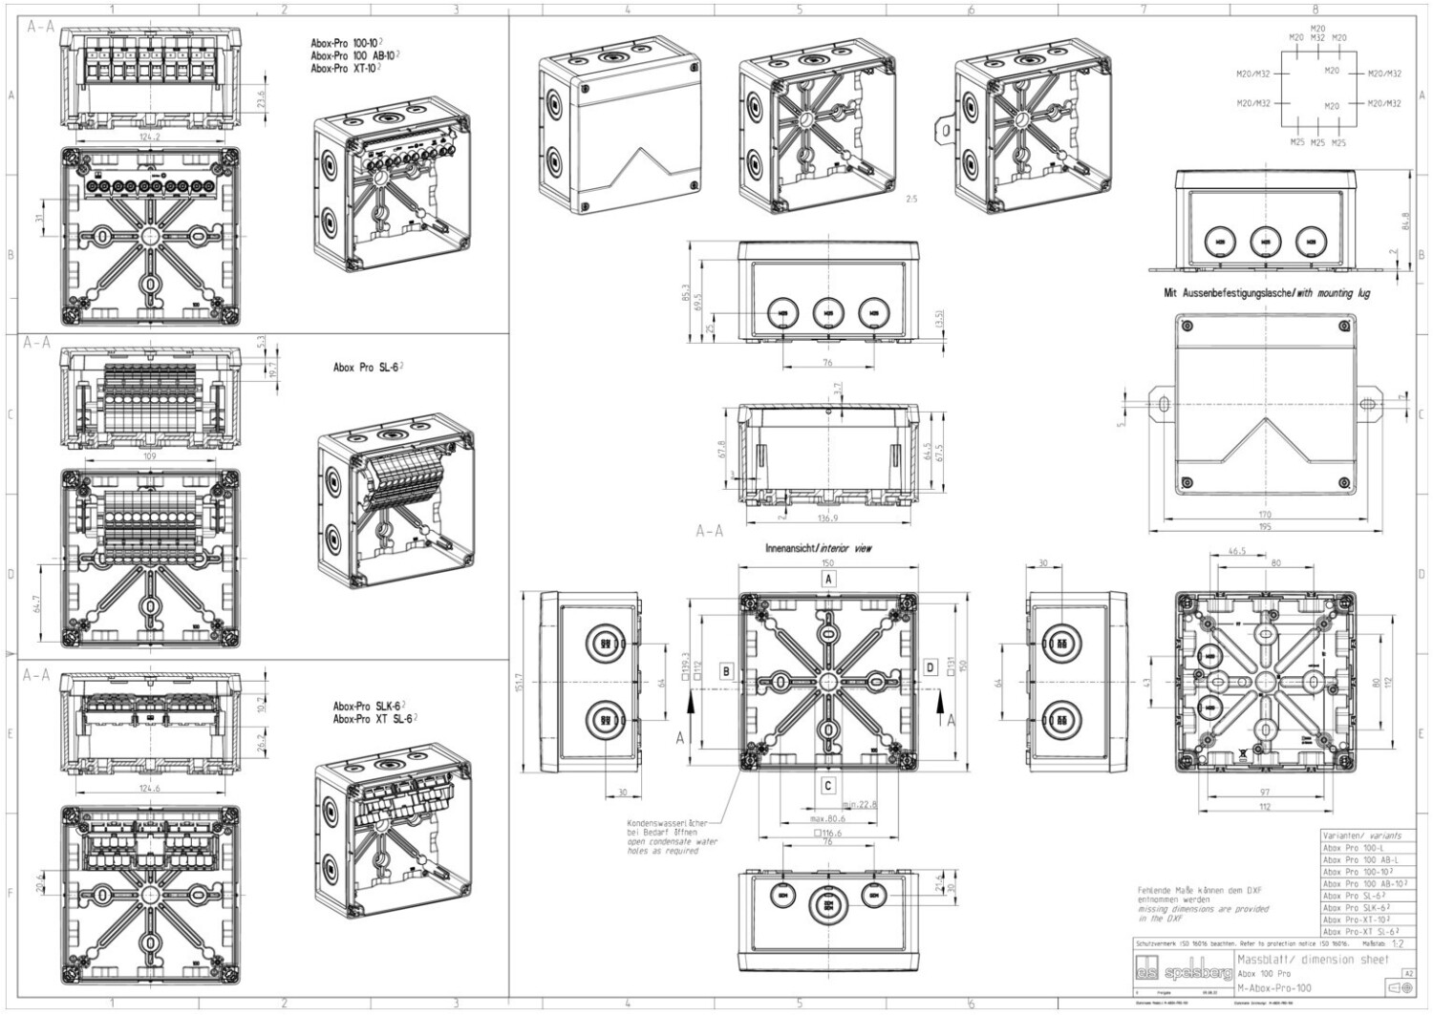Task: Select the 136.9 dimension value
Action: coord(828,518)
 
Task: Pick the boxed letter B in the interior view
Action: coord(727,671)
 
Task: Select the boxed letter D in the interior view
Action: coord(930,667)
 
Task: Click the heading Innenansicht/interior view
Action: coord(818,549)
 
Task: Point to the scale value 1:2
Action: coord(1399,941)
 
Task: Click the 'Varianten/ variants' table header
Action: coord(1361,834)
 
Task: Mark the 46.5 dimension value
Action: coord(1236,551)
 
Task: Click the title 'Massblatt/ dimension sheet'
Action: coord(1314,959)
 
